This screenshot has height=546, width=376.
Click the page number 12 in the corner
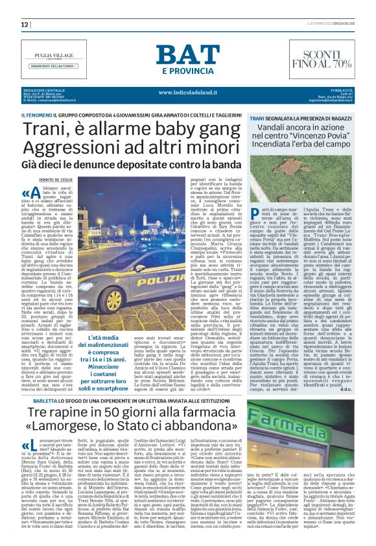tap(26, 25)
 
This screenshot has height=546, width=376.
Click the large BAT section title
tap(187, 56)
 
